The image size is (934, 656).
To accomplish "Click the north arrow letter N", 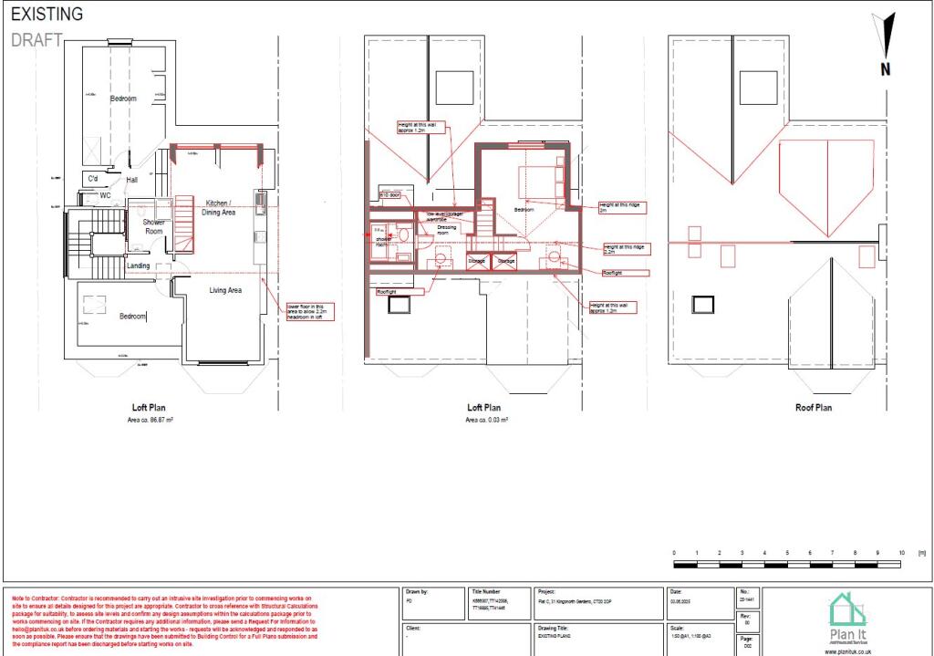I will [x=885, y=69].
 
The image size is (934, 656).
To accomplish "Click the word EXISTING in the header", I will [x=47, y=15].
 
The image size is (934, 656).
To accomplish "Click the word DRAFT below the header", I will [x=36, y=39].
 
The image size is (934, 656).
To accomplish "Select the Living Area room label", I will [x=225, y=290].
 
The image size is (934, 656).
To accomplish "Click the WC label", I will [x=105, y=195].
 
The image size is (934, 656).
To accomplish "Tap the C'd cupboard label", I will [x=92, y=178].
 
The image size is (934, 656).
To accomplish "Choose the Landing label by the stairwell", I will [x=139, y=266].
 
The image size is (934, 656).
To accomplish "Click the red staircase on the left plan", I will [x=185, y=224].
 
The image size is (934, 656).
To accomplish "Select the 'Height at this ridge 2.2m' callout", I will [x=625, y=247].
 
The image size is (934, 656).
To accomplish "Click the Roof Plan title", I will [x=811, y=408].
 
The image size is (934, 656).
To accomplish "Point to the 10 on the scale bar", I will [x=901, y=553].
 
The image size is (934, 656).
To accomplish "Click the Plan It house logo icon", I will [x=847, y=609].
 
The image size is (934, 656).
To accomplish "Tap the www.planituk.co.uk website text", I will [x=847, y=651].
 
